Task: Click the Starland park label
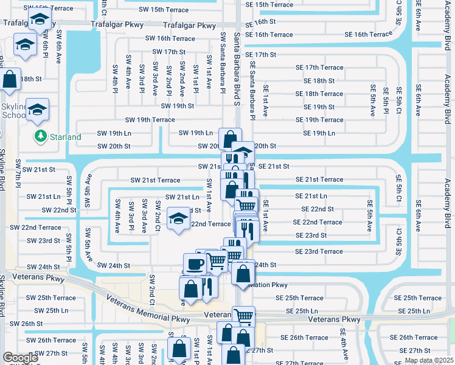point(65,137)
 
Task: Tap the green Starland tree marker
point(41,136)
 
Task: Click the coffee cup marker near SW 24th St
point(195,263)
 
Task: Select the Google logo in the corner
point(20,358)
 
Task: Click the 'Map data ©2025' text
point(428,360)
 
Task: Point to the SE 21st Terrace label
point(319,179)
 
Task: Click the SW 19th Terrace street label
point(150,120)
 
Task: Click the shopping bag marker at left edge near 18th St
point(11,79)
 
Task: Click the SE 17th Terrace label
point(319,68)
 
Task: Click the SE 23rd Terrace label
point(319,251)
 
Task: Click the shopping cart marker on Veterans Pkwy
point(243,315)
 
